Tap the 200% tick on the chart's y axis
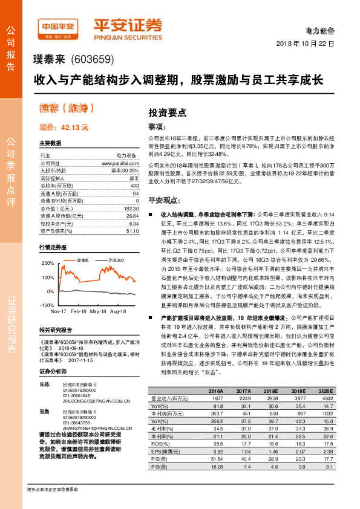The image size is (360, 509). [x=47, y=264]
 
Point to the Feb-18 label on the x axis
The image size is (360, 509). [x=78, y=310]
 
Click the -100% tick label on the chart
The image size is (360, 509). [x=46, y=305]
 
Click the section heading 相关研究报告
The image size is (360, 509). [x=55, y=330]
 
